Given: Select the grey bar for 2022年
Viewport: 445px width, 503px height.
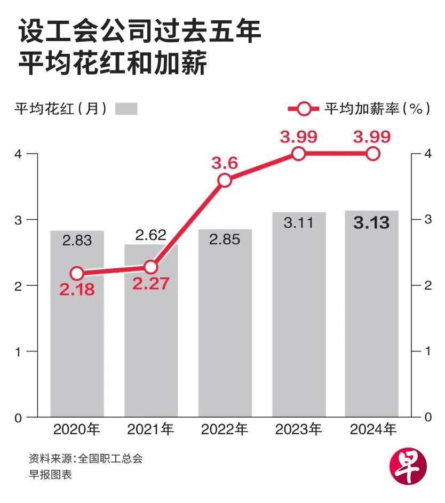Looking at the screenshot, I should click(x=225, y=331).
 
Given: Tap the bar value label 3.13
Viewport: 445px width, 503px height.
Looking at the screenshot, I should click(x=371, y=223).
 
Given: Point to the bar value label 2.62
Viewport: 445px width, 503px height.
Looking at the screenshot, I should click(x=151, y=235).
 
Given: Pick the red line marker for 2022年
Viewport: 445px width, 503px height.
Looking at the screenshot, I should click(x=225, y=180).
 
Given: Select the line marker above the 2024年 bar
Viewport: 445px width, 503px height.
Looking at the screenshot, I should click(x=372, y=154).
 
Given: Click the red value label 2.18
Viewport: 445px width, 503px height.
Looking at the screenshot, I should click(x=77, y=291).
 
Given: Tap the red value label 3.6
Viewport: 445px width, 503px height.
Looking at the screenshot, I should click(x=225, y=163).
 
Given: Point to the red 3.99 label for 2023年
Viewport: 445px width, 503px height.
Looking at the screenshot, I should click(x=298, y=137).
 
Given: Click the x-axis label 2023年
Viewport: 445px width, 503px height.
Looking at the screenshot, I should click(x=298, y=430).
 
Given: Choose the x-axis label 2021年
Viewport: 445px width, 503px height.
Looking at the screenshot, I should click(x=151, y=430).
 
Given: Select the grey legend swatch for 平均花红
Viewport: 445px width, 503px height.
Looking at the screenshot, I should click(x=126, y=109).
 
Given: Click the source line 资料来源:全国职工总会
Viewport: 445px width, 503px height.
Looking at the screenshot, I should click(x=86, y=458).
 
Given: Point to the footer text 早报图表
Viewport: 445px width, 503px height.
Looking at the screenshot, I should click(x=50, y=474).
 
